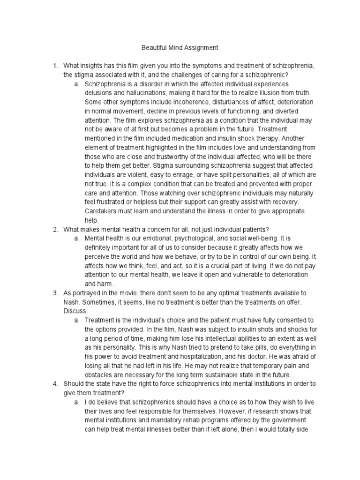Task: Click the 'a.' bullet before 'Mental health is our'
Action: pyautogui.click(x=77, y=238)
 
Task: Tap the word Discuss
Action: pyautogui.click(x=75, y=311)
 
